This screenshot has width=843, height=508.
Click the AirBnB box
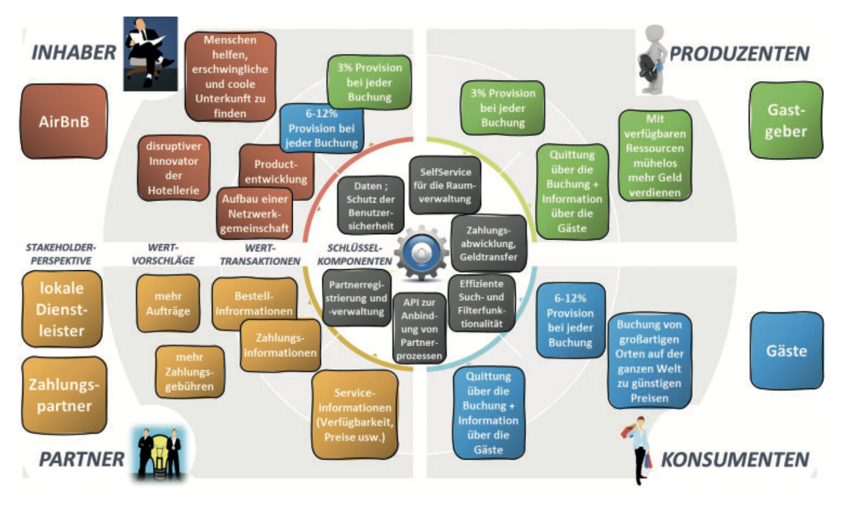coord(63,121)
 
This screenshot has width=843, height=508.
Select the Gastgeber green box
coord(786,120)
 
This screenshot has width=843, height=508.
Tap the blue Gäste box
coord(786,351)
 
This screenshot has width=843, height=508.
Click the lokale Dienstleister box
coord(62,309)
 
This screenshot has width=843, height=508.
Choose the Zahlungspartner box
coord(64,395)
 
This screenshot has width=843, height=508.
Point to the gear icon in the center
coord(421,253)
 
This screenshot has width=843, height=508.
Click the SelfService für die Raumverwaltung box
coord(444,185)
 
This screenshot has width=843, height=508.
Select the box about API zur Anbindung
coord(419,328)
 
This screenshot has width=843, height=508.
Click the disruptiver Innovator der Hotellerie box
coord(174,168)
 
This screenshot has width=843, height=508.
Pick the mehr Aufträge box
coord(168,303)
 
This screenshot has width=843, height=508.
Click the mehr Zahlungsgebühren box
coord(189,371)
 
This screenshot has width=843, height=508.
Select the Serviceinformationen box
coord(355,414)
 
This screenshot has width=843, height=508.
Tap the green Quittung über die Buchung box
coord(572,191)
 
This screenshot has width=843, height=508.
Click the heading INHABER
coord(73,53)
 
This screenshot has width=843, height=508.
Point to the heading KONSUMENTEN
coord(734,460)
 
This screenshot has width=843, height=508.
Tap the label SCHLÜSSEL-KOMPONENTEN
coord(354,254)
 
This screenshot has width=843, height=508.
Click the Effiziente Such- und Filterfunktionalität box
coord(481,303)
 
